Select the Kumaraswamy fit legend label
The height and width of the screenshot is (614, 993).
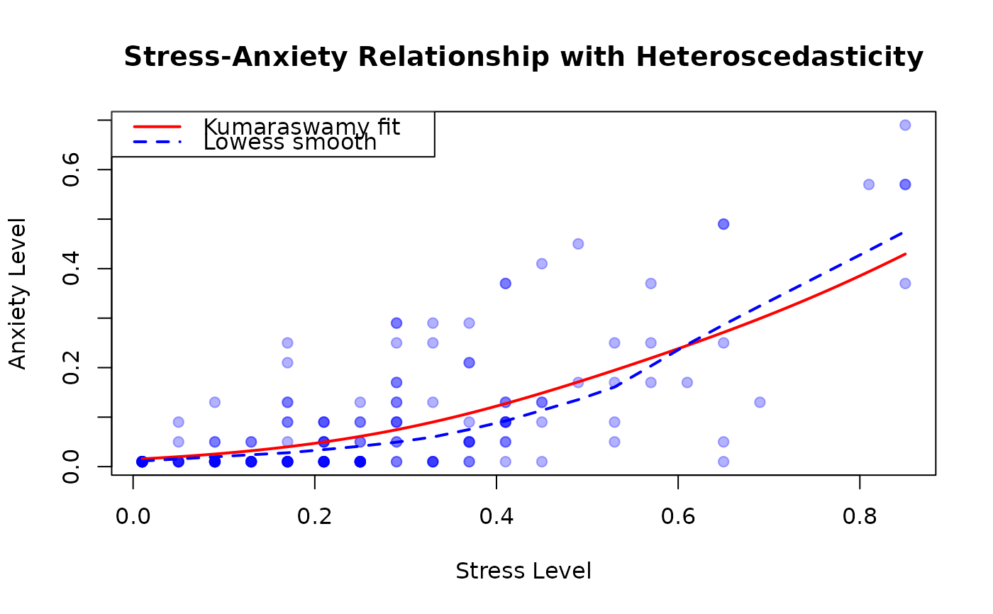(x=301, y=127)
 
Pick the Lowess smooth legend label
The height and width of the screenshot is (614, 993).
(x=290, y=143)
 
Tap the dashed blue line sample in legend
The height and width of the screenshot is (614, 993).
(x=157, y=143)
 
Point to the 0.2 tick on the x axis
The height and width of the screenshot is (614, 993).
(x=315, y=518)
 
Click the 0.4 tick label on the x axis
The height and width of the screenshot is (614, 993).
(x=496, y=518)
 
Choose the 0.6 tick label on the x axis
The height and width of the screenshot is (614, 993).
(x=678, y=518)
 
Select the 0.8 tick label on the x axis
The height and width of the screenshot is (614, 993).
(x=860, y=518)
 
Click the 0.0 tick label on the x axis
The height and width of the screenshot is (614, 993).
(x=133, y=518)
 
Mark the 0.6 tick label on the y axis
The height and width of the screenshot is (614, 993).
(x=71, y=170)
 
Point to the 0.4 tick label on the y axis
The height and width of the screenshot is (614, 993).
(x=71, y=269)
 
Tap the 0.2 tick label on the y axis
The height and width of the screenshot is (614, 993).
(x=71, y=368)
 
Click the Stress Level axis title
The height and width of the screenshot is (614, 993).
(x=523, y=571)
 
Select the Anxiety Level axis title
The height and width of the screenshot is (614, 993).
(x=18, y=294)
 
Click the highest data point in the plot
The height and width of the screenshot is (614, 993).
(x=905, y=125)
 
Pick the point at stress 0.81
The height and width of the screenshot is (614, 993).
(x=869, y=184)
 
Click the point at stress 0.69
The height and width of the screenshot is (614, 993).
(x=760, y=402)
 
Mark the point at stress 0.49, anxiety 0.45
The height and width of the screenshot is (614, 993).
(x=578, y=244)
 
